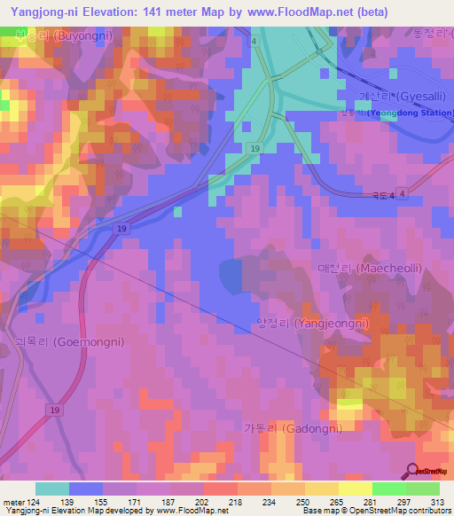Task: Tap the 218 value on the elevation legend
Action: point(237,502)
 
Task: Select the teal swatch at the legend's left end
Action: point(51,489)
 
